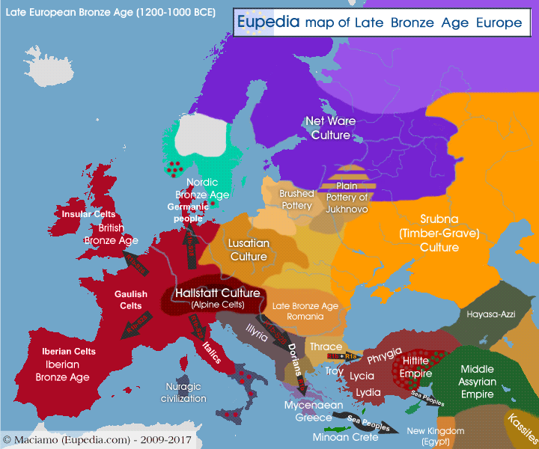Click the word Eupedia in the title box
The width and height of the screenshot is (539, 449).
click(x=268, y=22)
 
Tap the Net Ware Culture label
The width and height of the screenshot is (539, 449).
click(x=330, y=128)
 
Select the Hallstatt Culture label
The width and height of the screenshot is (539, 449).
click(x=217, y=293)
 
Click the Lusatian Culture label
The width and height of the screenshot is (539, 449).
click(x=249, y=250)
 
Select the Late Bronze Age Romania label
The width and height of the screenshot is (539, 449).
click(x=305, y=312)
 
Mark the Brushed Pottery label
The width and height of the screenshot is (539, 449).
click(x=296, y=200)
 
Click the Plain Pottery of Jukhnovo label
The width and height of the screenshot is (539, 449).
click(x=347, y=198)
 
